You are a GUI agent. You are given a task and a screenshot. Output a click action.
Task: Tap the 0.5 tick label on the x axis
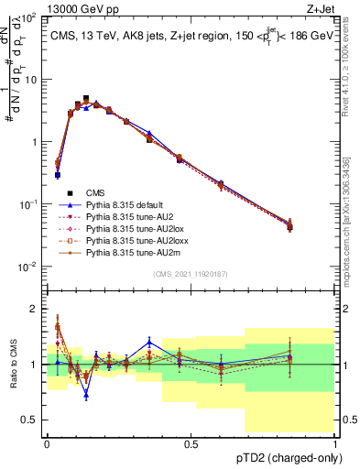pyautogui.click(x=191, y=443)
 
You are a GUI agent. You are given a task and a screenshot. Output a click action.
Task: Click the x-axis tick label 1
pyautogui.click(x=335, y=443)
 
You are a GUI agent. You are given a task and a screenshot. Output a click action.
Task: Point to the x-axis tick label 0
pyautogui.click(x=47, y=443)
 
